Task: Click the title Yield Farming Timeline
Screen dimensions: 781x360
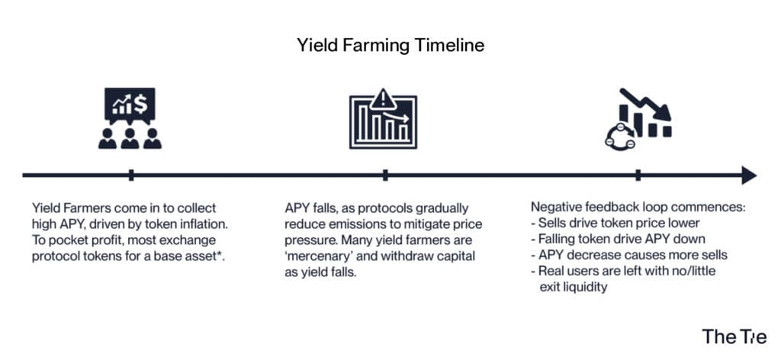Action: point(390,45)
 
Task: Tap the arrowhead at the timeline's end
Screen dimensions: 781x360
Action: point(749,175)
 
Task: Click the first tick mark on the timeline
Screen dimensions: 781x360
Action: point(131,175)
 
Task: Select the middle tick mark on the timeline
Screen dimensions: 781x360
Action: point(385,175)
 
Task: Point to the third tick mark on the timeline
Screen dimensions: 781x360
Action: point(638,175)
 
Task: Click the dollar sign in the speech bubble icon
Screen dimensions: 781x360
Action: point(141,104)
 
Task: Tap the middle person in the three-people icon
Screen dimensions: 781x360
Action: point(130,139)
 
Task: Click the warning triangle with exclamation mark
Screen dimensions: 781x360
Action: point(383,99)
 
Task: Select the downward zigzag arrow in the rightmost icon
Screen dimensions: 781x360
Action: point(645,105)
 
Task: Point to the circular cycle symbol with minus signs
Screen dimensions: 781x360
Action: point(620,136)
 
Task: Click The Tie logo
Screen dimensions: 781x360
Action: point(734,336)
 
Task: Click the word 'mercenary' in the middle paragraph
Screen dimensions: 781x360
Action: point(317,256)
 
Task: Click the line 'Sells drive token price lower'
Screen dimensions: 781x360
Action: point(615,223)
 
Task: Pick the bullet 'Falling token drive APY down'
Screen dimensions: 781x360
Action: point(618,239)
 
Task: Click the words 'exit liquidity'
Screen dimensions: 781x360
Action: point(574,288)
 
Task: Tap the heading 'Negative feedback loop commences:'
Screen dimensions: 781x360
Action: point(638,207)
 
